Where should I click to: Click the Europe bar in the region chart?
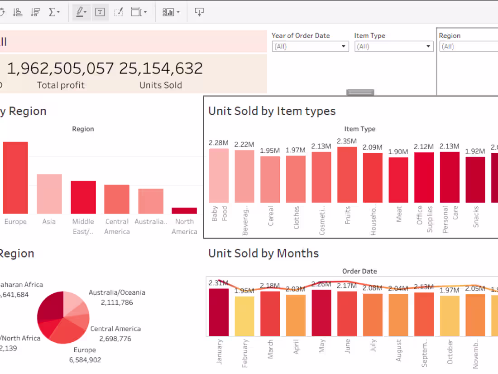coord(15,178)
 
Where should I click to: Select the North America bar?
coord(184,210)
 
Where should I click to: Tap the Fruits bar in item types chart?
coord(347,175)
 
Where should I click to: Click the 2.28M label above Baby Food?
coord(218,143)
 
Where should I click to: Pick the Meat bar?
coord(398,180)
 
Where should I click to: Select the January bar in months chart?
coord(219,312)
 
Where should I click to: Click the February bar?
coord(244,316)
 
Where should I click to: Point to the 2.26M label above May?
coord(321,284)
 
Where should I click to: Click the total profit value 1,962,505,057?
coord(60,68)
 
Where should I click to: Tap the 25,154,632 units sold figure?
coord(161,68)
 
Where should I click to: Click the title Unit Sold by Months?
coord(263,253)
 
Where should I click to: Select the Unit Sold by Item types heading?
coord(272,111)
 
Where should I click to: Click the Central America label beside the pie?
coord(115,329)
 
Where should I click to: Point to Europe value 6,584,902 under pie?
coord(85,360)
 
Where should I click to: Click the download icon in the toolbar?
coord(199,12)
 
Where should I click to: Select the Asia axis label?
coord(49,222)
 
